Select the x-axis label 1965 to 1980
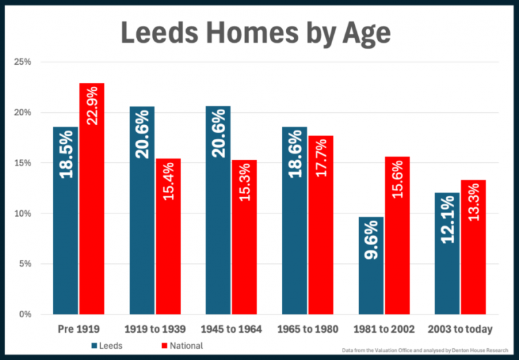click(308, 330)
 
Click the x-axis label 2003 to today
click(461, 330)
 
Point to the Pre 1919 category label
click(78, 330)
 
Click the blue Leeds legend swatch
click(95, 346)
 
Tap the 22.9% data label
click(92, 108)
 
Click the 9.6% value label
click(372, 241)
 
